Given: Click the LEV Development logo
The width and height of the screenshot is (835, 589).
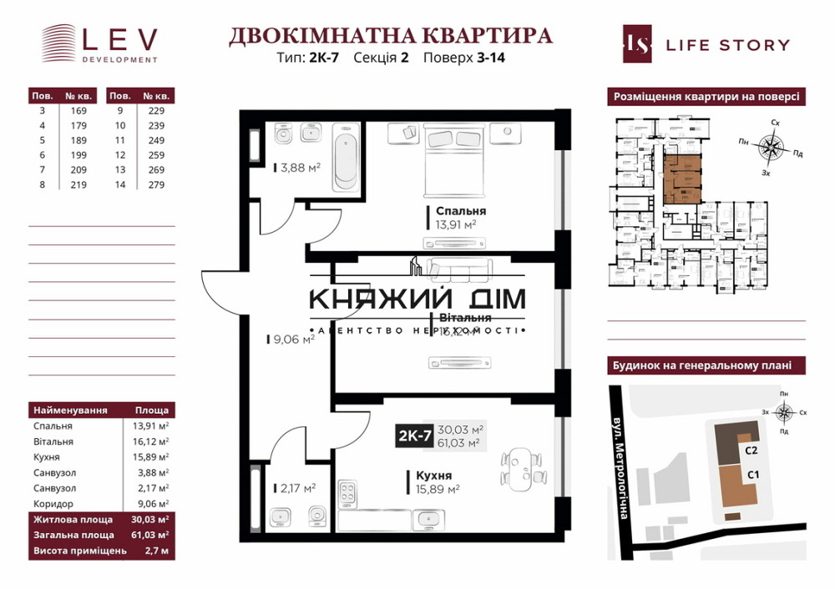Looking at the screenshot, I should [99, 43].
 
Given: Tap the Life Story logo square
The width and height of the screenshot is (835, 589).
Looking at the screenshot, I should [637, 44].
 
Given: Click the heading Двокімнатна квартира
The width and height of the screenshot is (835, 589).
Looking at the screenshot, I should [390, 36].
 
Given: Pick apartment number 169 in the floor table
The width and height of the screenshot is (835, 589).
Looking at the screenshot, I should [73, 110].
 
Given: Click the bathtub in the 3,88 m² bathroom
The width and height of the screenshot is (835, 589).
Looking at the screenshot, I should [345, 156].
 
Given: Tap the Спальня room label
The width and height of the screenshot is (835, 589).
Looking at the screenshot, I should [455, 211].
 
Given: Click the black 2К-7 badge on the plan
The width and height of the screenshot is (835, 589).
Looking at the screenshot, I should [415, 435].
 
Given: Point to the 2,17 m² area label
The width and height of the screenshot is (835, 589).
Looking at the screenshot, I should [295, 488].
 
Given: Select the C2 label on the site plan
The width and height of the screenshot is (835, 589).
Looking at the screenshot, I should [751, 451].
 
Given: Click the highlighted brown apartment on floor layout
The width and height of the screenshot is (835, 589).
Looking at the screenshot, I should [681, 178].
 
